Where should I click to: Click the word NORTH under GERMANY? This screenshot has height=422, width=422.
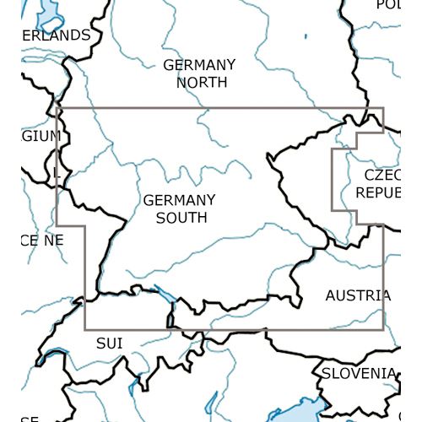[x=201, y=83]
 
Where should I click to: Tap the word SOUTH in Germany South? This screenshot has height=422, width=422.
[x=180, y=218]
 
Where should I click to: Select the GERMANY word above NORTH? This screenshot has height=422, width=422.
[x=199, y=65]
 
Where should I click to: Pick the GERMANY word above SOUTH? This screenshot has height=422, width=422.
[x=179, y=200]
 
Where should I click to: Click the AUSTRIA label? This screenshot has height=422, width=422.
[x=358, y=295]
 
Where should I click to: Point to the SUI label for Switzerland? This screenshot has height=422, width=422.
[x=109, y=343]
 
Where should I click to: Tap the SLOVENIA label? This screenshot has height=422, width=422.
[x=357, y=372]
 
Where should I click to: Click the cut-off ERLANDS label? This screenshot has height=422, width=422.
[x=56, y=35]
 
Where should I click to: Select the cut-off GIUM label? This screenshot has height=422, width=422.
[x=41, y=136]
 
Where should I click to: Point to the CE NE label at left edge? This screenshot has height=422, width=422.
[x=42, y=241]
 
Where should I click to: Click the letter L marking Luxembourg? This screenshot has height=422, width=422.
[x=57, y=172]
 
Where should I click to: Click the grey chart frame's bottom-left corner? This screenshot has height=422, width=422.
[x=85, y=329]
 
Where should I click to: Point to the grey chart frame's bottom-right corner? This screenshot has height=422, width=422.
[x=383, y=329]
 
